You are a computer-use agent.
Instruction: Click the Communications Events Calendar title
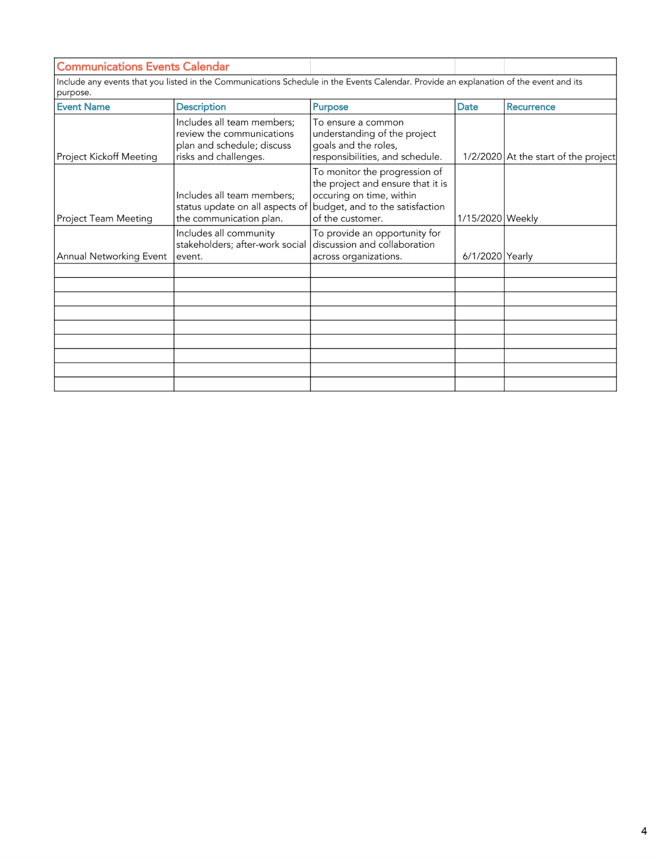point(143,67)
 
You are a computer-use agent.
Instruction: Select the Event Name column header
point(83,107)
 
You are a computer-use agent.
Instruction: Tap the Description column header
point(201,107)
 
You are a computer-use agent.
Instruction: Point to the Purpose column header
point(330,107)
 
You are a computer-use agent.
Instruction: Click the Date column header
point(468,107)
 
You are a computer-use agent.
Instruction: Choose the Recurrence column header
point(531,107)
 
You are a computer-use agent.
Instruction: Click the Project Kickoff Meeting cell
point(107,157)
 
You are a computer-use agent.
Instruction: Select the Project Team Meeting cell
point(105,219)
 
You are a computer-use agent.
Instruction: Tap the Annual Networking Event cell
point(112,256)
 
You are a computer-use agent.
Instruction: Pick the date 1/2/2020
point(482,157)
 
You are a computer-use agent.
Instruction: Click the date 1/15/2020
point(479,219)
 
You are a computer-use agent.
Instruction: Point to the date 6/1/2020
point(482,256)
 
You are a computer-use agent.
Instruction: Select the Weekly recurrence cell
point(522,219)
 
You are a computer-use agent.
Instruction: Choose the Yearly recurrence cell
point(520,256)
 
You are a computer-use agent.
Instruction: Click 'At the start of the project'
point(561,157)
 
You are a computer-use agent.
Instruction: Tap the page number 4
point(644,831)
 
